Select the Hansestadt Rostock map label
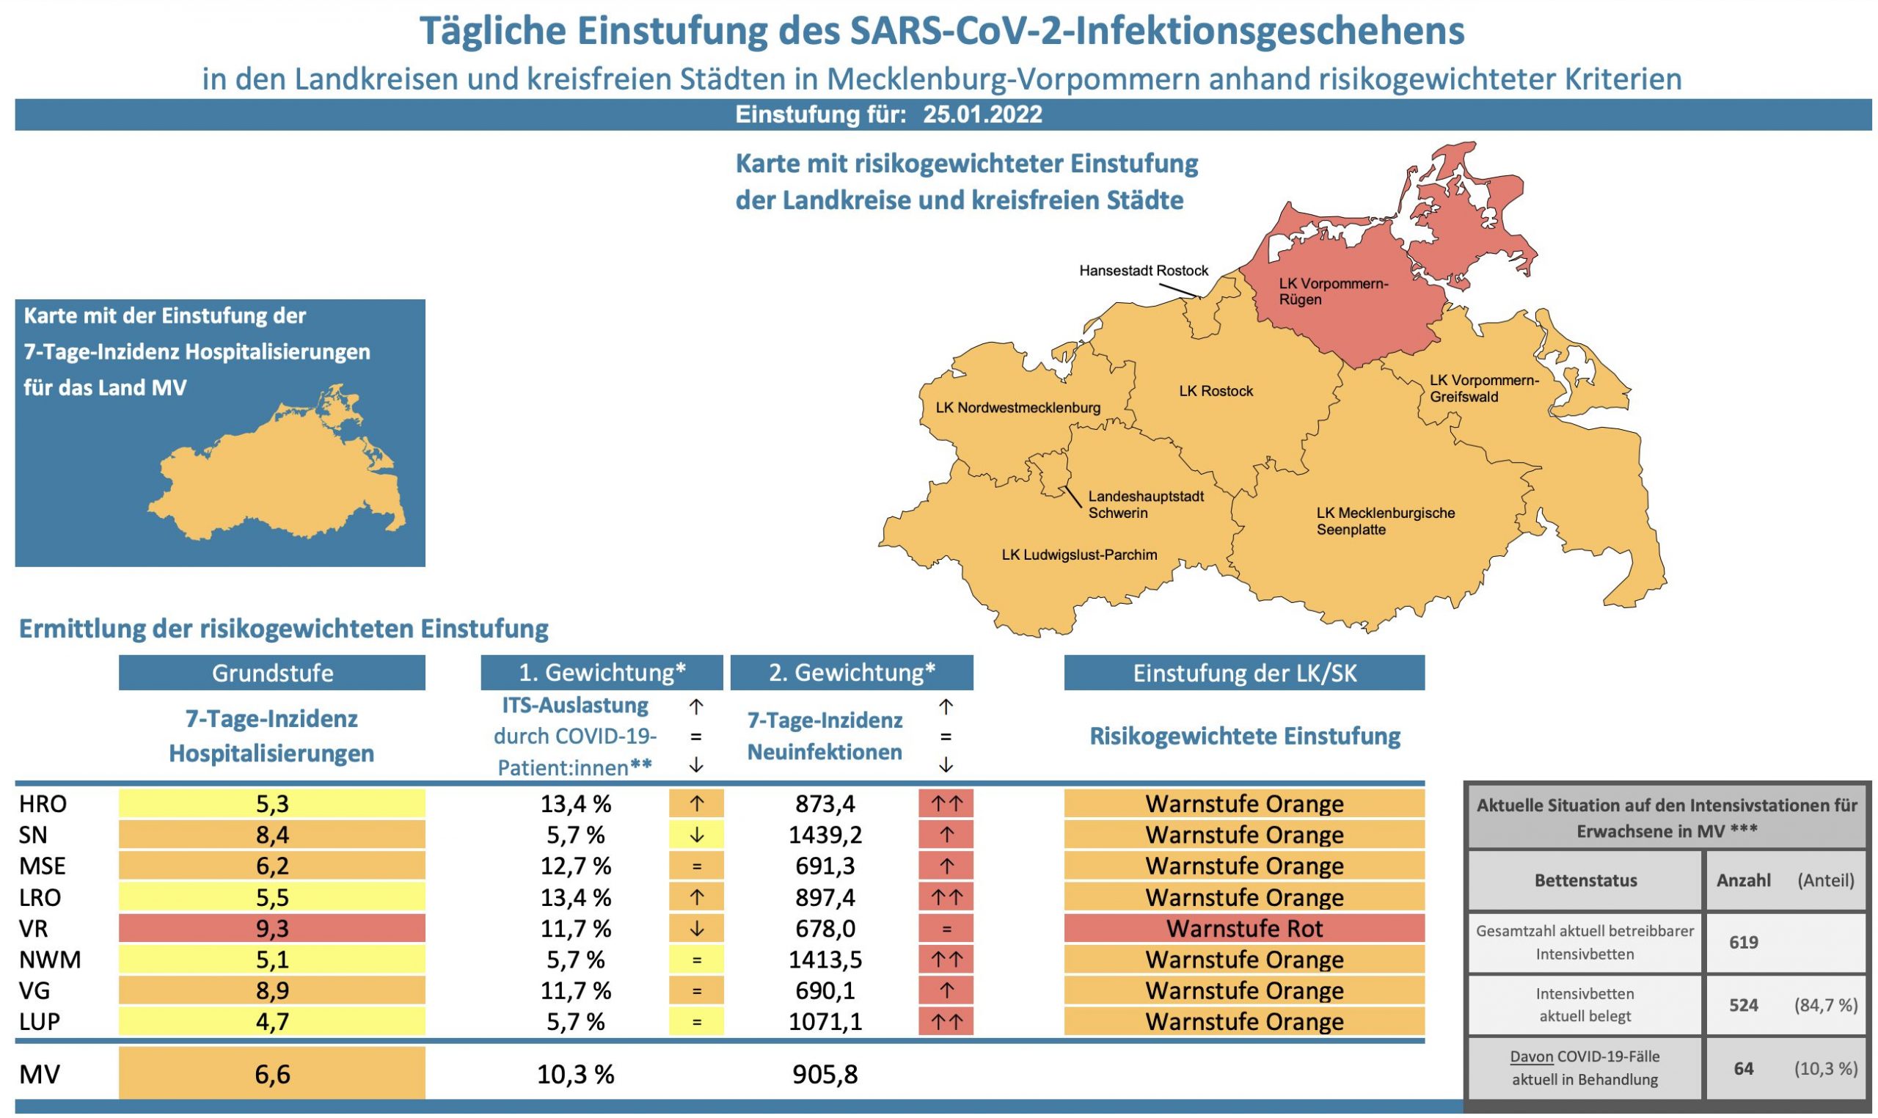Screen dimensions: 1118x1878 click(x=1143, y=271)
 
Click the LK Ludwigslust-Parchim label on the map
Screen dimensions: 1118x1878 click(x=1078, y=555)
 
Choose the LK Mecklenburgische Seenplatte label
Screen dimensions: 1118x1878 click(x=1384, y=521)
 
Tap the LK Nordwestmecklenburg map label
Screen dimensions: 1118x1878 click(x=1017, y=408)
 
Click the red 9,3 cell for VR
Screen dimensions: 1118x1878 click(x=272, y=928)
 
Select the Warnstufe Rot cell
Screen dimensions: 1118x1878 click(x=1243, y=928)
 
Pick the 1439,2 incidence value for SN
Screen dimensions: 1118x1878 click(x=824, y=835)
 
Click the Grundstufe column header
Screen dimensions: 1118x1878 click(x=272, y=673)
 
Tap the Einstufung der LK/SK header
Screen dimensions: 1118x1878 click(x=1243, y=673)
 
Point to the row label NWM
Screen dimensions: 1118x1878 click(x=50, y=959)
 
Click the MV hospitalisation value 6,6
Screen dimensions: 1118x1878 click(x=272, y=1073)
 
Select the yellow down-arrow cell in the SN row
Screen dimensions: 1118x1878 click(x=695, y=835)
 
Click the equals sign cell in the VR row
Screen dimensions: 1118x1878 click(x=946, y=928)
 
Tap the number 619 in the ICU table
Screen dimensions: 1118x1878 click(x=1742, y=943)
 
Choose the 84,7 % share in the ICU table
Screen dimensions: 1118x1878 click(x=1824, y=1005)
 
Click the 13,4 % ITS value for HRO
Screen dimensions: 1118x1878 click(x=576, y=804)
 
